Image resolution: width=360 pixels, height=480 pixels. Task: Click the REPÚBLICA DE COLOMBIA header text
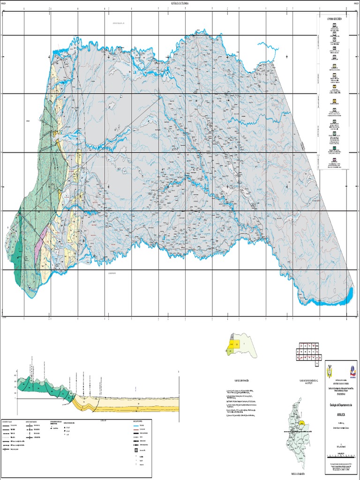180,3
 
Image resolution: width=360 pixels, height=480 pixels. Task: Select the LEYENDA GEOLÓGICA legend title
334,18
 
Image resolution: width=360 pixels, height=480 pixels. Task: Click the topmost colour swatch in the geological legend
334,29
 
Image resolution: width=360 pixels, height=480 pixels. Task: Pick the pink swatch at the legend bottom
334,160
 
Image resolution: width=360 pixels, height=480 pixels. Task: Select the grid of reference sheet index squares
308,352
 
